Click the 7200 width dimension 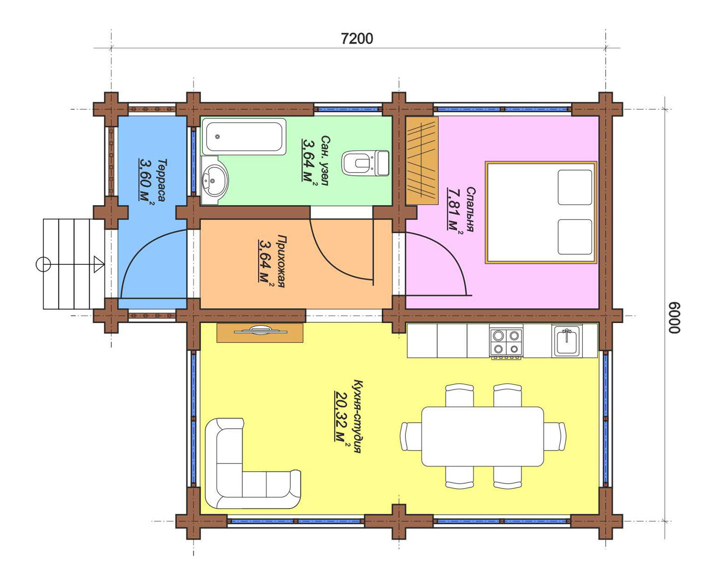[x=356, y=39]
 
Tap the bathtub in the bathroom [x=244, y=136]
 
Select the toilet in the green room [x=365, y=163]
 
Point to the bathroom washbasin [x=214, y=180]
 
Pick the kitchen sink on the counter [x=567, y=341]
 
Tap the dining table [x=482, y=436]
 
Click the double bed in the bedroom [x=541, y=212]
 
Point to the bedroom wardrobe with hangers [x=422, y=160]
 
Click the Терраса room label [x=162, y=180]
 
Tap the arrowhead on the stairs [x=99, y=264]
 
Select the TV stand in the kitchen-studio [x=260, y=333]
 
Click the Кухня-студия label [x=357, y=416]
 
